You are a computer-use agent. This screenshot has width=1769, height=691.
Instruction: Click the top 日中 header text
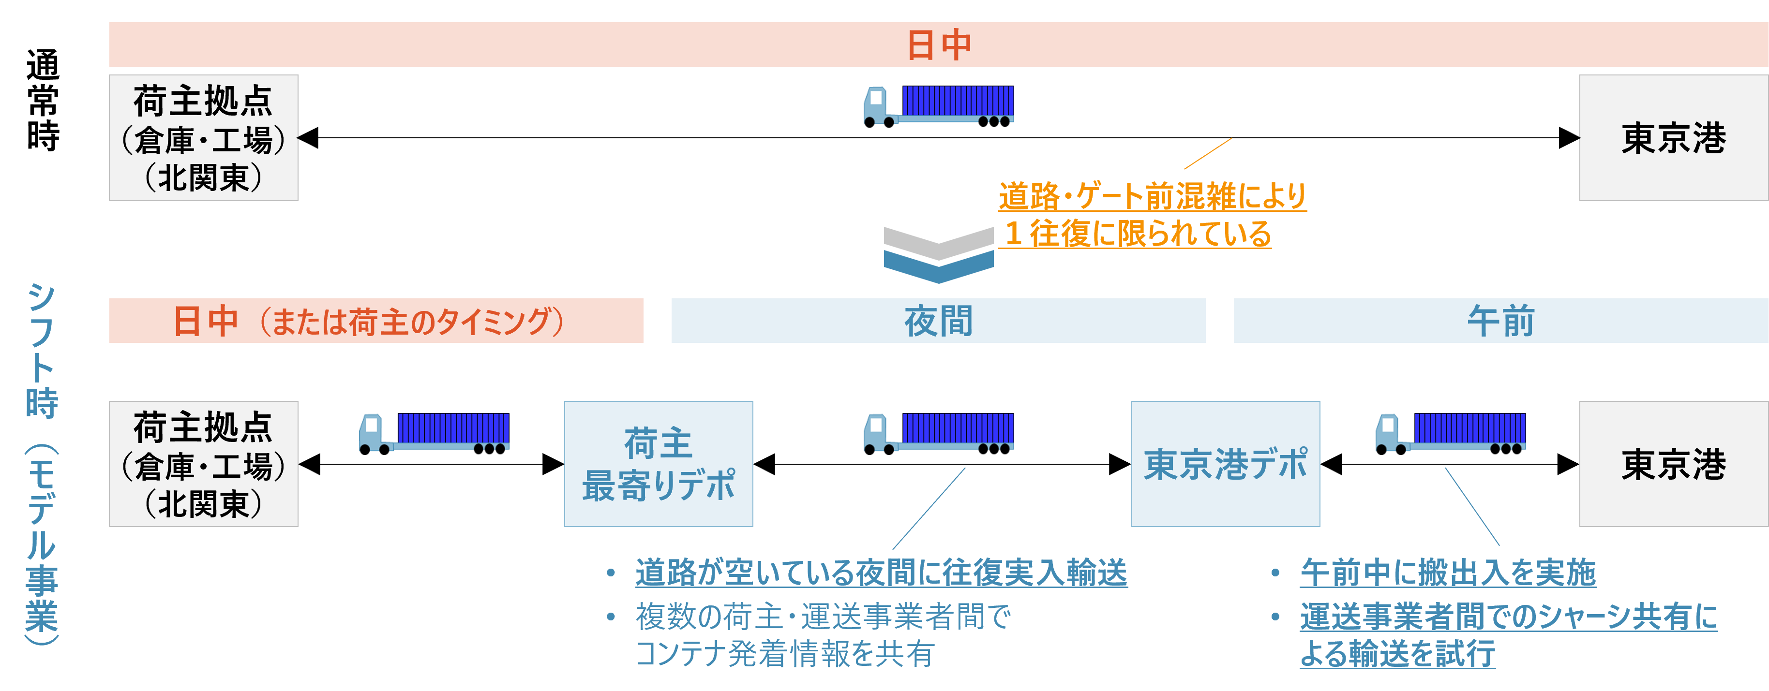[x=939, y=45]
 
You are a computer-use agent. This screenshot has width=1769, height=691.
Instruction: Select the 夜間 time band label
[x=938, y=321]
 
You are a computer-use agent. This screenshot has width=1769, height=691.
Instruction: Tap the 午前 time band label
[x=1500, y=321]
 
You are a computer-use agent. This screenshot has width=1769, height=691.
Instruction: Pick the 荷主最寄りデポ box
[x=658, y=464]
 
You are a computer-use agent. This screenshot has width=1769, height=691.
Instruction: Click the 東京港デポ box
[x=1225, y=464]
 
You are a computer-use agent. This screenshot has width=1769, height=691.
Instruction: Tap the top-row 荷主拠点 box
[x=203, y=138]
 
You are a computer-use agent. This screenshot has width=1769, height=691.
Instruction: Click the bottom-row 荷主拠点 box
[x=203, y=464]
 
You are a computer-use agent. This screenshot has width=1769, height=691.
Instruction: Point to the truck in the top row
[x=939, y=105]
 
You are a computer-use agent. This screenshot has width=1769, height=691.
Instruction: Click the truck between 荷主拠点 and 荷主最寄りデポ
[x=434, y=432]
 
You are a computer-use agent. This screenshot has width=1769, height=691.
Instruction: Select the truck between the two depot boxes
[x=939, y=432]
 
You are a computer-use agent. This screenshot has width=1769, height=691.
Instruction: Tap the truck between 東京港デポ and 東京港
[x=1450, y=432]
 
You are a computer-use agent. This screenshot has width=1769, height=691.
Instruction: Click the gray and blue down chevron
[x=938, y=254]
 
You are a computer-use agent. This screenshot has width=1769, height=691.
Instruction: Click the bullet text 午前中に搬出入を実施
[x=1448, y=573]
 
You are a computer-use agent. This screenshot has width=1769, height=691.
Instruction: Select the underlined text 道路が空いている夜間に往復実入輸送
[x=881, y=573]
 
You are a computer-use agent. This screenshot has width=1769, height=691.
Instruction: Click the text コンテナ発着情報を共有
[x=785, y=653]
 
